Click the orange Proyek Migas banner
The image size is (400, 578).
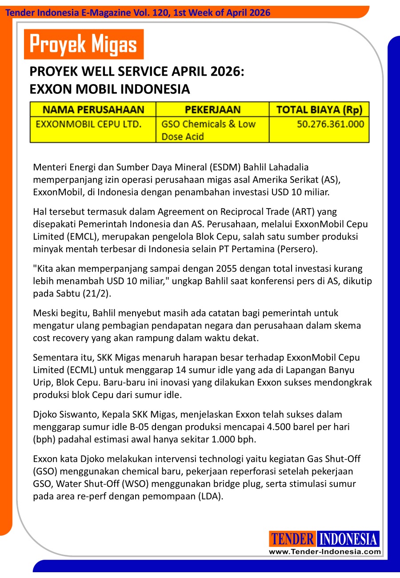[x=84, y=44]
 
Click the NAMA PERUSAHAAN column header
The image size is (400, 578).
[x=93, y=110]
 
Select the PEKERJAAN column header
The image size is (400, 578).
[x=212, y=110]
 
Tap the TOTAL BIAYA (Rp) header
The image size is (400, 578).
[x=319, y=110]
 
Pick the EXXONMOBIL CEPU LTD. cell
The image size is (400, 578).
[x=88, y=124]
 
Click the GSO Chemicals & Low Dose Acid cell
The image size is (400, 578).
[x=208, y=130]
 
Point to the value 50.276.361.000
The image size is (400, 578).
[x=330, y=124]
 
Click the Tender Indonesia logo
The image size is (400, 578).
[x=324, y=539]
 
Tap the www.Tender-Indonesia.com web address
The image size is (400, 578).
[x=325, y=552]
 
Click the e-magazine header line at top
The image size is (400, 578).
[x=138, y=13]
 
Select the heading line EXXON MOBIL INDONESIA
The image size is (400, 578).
[x=110, y=89]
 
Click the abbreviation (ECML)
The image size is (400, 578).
[x=83, y=370]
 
